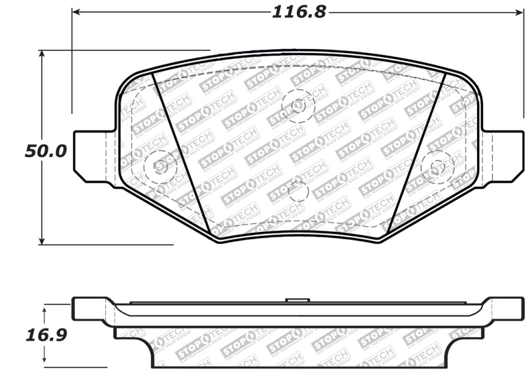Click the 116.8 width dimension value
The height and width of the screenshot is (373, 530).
pyautogui.click(x=299, y=12)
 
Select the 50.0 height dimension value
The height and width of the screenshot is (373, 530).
pyautogui.click(x=46, y=151)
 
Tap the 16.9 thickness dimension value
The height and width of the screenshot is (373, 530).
pyautogui.click(x=46, y=335)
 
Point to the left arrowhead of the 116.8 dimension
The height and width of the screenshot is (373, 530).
pyautogui.click(x=76, y=12)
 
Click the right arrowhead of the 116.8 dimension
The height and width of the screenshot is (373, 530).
pyautogui.click(x=519, y=12)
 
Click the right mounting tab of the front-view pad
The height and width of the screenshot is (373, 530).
pyautogui.click(x=503, y=154)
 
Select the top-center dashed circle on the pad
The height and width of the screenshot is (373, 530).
pyautogui.click(x=297, y=105)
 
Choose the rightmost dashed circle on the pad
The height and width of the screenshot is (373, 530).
pyautogui.click(x=437, y=166)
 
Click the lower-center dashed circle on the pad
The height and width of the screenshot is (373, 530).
pyautogui.click(x=299, y=191)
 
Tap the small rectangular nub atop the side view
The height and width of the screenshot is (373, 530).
pyautogui.click(x=297, y=301)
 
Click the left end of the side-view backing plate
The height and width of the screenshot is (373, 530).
pyautogui.click(x=83, y=308)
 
